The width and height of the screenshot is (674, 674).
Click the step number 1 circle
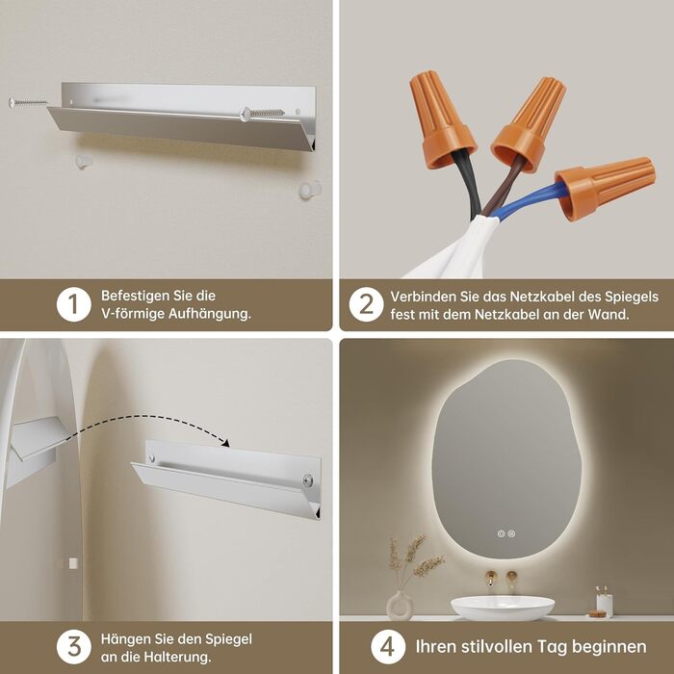click(73, 304)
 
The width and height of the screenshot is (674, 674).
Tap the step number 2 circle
click(366, 304)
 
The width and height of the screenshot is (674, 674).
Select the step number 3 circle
click(73, 646)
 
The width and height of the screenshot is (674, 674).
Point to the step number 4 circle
click(388, 646)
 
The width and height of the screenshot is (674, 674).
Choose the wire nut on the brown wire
click(530, 124)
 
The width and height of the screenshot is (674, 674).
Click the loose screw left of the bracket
click(28, 103)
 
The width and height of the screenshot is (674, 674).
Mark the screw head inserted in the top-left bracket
click(246, 114)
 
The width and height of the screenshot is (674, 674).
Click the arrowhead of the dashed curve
click(224, 443)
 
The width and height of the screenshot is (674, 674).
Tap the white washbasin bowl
click(503, 608)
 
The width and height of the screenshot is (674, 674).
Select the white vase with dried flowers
click(400, 606)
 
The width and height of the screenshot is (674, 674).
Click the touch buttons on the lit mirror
click(505, 533)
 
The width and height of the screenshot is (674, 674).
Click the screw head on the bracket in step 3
click(308, 480)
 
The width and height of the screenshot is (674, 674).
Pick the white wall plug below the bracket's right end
click(310, 190)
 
